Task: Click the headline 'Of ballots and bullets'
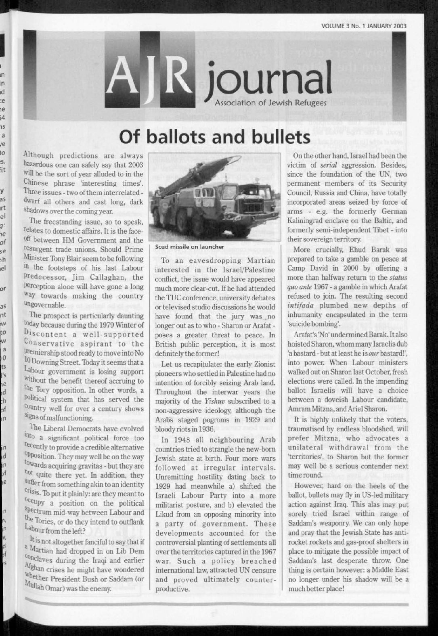pyautogui.click(x=214, y=138)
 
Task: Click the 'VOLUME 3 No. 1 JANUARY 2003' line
pyautogui.click(x=363, y=26)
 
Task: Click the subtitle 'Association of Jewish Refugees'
pyautogui.click(x=271, y=103)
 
